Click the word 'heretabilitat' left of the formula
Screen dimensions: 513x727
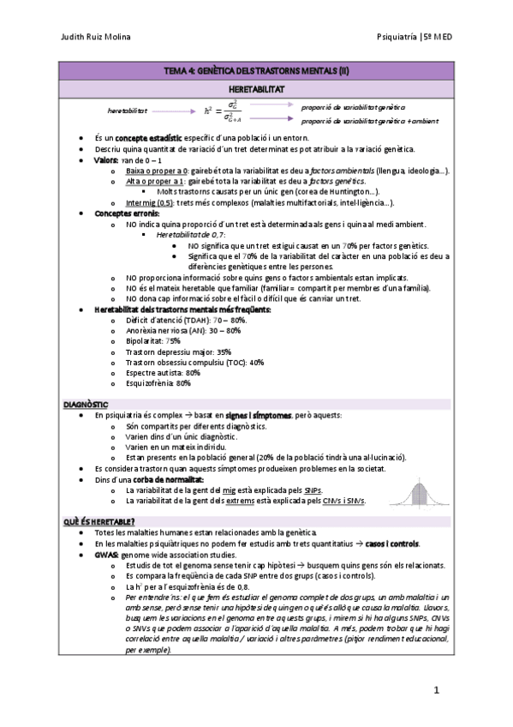(x=128, y=111)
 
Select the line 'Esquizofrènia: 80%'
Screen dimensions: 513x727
(x=158, y=384)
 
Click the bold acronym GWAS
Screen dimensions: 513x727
(x=107, y=556)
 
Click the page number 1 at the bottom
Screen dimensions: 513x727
(x=436, y=690)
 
